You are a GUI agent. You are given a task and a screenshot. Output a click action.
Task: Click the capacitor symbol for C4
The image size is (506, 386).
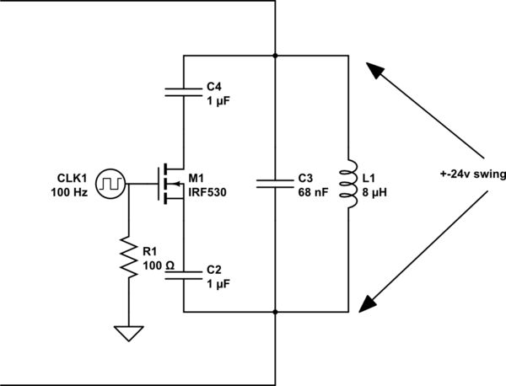point(184,91)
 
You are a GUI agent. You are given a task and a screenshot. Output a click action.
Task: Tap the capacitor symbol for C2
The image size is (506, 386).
point(184,276)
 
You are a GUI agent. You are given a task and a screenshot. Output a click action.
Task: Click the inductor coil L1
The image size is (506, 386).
point(346,183)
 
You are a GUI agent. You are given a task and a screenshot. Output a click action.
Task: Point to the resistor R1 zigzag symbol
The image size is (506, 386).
point(129,260)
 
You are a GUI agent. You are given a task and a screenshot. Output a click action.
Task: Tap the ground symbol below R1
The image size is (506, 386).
point(129,334)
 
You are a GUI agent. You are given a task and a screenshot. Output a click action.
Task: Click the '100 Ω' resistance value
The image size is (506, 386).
point(159,265)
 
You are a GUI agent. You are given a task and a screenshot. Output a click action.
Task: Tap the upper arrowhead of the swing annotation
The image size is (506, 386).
point(370,70)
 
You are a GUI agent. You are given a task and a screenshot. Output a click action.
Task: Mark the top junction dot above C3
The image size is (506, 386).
point(276,55)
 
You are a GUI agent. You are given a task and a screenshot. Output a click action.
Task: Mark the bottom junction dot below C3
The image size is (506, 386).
point(276,312)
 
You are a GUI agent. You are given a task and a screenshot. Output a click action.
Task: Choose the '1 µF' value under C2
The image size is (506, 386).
point(218,284)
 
